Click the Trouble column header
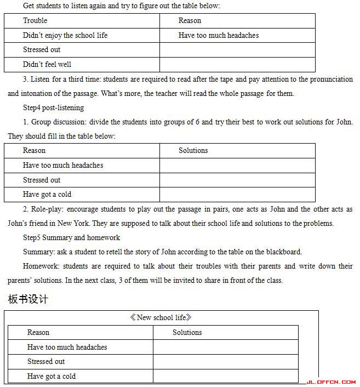[35, 21]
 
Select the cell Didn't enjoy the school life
[65, 36]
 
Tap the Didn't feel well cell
[47, 65]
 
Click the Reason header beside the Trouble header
[190, 21]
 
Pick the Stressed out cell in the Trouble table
[42, 50]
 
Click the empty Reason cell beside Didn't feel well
[237, 65]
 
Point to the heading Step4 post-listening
[53, 107]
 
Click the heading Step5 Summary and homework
[71, 237]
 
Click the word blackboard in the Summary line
[282, 252]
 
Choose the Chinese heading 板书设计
[28, 299]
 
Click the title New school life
[161, 318]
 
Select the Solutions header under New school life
[187, 333]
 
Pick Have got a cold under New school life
[52, 377]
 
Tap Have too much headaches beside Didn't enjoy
[218, 36]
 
